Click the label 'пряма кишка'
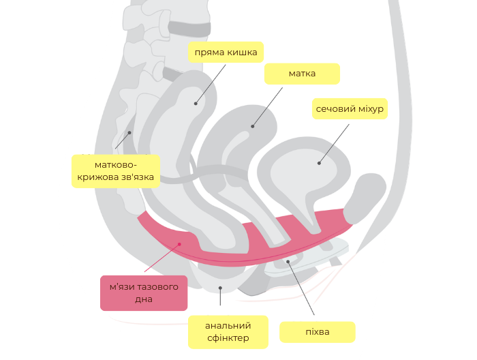tap(226, 52)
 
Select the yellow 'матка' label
tap(302, 73)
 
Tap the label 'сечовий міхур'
tap(350, 108)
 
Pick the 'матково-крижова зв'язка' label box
tap(116, 171)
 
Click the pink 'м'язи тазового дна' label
tap(144, 292)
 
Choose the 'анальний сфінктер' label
tap(228, 331)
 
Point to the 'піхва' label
tap(318, 332)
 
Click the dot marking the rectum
tap(196, 104)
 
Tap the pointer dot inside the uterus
tap(253, 126)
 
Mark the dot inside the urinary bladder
tap(319, 163)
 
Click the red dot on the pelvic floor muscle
tap(180, 244)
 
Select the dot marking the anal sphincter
tap(220, 288)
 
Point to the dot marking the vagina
tap(288, 261)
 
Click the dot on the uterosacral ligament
tap(129, 132)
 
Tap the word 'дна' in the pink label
tap(144, 299)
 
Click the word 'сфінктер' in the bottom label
tap(228, 337)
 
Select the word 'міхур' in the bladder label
tap(369, 108)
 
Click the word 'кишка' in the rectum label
tap(241, 52)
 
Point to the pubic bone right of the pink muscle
tap(365, 198)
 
